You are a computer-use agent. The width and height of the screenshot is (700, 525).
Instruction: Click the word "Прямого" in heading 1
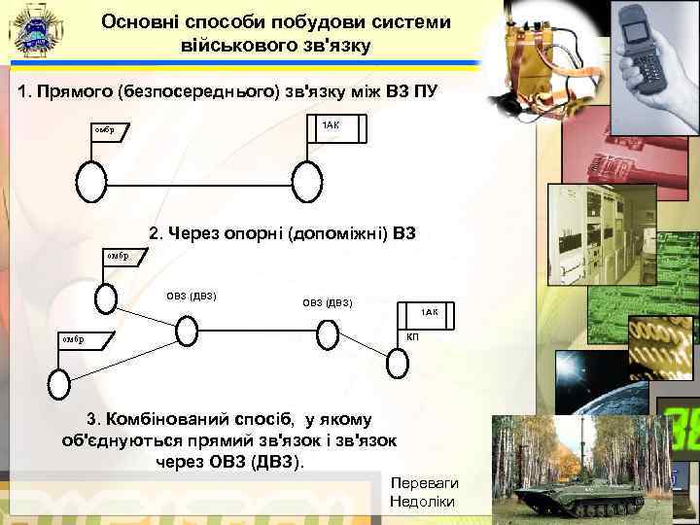click(71, 92)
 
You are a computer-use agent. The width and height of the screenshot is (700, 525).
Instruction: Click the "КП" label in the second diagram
click(412, 335)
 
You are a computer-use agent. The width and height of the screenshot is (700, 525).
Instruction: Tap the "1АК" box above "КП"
click(429, 312)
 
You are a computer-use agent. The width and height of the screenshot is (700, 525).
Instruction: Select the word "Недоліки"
click(421, 501)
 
